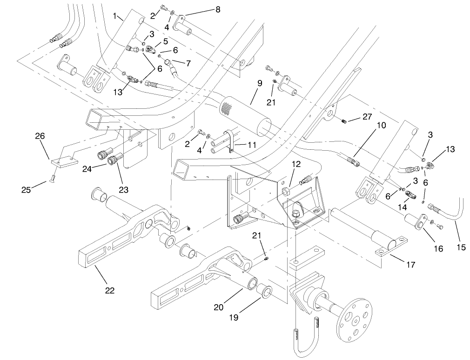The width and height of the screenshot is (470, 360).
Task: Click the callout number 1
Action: (x=115, y=16)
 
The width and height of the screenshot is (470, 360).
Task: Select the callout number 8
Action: (x=217, y=9)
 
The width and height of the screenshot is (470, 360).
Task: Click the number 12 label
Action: (x=296, y=164)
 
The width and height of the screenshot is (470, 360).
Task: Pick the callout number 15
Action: (x=461, y=247)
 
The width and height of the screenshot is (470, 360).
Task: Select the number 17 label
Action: (x=410, y=265)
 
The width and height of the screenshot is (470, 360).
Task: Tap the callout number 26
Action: (x=40, y=136)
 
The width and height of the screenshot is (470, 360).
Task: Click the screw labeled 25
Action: (x=54, y=177)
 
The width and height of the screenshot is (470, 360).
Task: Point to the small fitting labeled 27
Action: (x=344, y=122)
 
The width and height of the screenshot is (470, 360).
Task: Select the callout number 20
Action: (x=219, y=308)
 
